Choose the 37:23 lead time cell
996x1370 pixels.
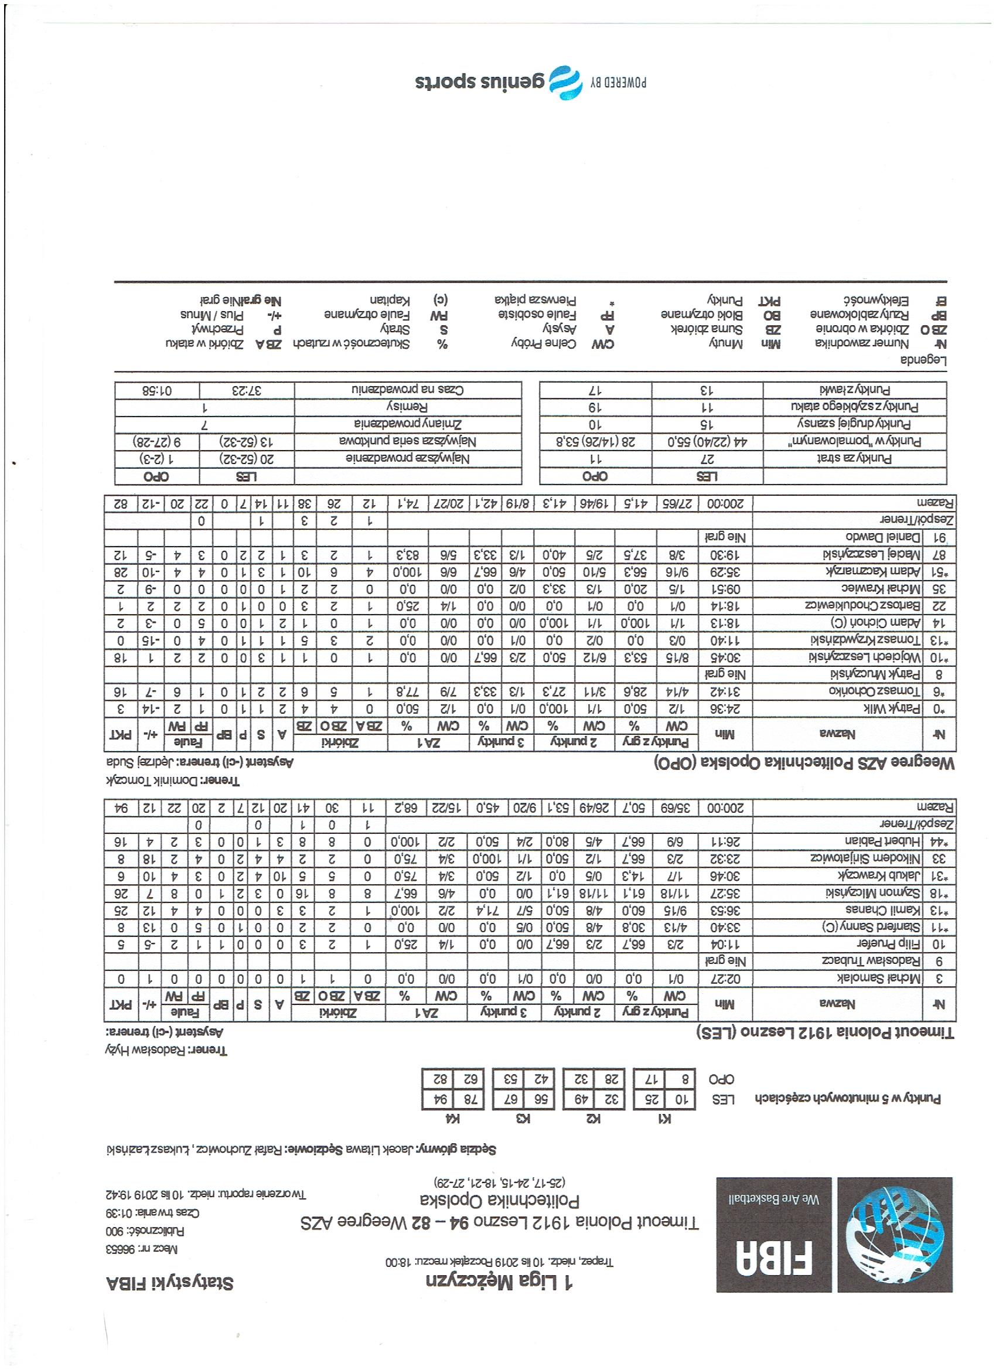pyautogui.click(x=247, y=390)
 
